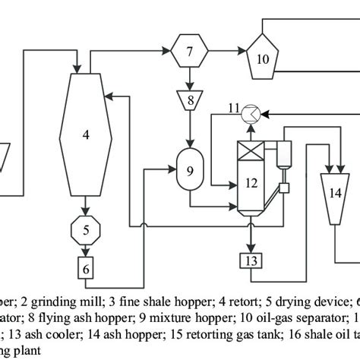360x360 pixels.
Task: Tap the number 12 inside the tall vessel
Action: (x=251, y=182)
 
